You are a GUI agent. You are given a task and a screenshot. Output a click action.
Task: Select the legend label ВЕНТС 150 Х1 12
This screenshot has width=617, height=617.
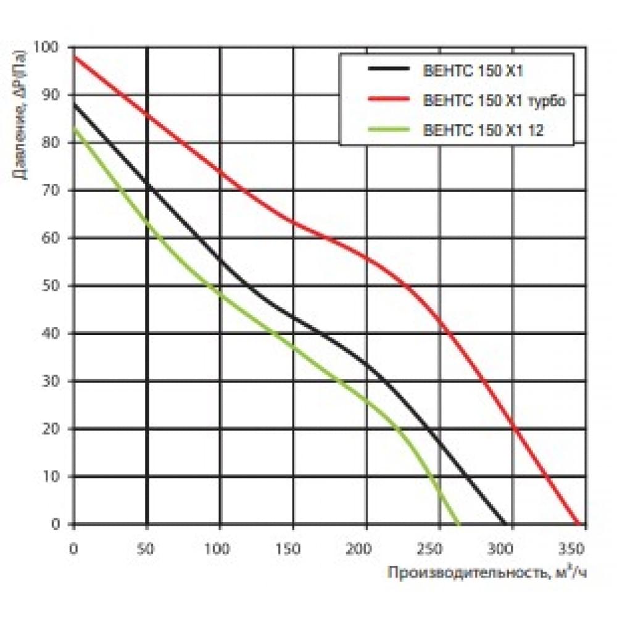pos(482,130)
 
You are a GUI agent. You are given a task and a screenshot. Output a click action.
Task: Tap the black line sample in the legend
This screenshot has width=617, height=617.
pos(388,70)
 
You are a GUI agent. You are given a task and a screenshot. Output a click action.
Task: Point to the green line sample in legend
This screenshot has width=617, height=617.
pos(388,130)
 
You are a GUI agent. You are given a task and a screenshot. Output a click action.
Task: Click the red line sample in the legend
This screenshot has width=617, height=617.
pos(388,100)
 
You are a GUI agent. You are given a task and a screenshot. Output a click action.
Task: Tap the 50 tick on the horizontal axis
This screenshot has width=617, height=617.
pos(147,547)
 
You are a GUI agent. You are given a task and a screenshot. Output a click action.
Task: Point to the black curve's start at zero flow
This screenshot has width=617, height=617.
pos(74,104)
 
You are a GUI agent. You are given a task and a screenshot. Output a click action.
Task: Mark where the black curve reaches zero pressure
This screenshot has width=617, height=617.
pos(505,524)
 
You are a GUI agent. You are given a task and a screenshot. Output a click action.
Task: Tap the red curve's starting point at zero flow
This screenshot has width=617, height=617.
pos(74,57)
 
